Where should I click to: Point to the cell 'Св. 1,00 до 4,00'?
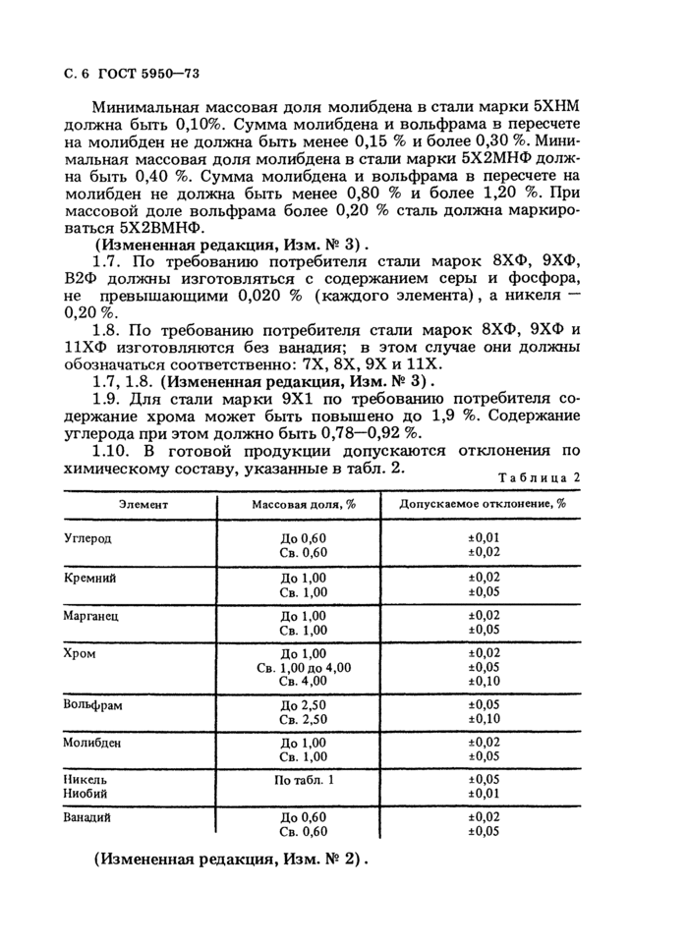[x=303, y=667]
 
